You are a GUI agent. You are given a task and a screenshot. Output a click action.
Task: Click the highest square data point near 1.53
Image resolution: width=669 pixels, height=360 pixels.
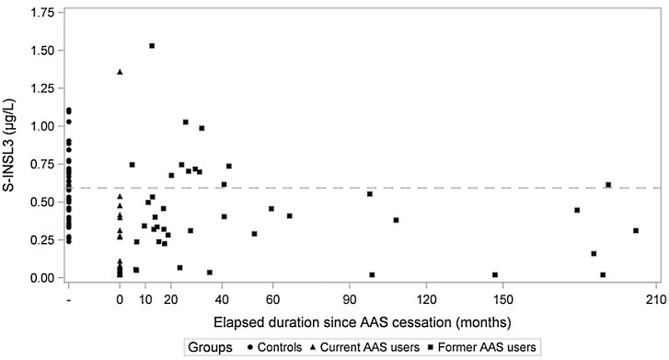tap(152, 45)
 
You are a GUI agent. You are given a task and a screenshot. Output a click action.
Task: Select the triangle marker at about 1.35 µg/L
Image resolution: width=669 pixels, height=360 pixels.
tap(120, 72)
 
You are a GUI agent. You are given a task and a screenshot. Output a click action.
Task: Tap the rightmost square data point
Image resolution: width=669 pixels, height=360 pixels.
tap(636, 230)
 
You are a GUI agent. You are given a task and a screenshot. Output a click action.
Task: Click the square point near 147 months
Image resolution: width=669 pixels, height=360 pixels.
tap(495, 274)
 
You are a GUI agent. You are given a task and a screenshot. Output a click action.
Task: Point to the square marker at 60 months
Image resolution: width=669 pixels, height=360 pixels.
tap(271, 208)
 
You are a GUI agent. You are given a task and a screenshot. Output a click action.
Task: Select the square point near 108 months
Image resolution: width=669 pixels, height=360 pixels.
tap(396, 220)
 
